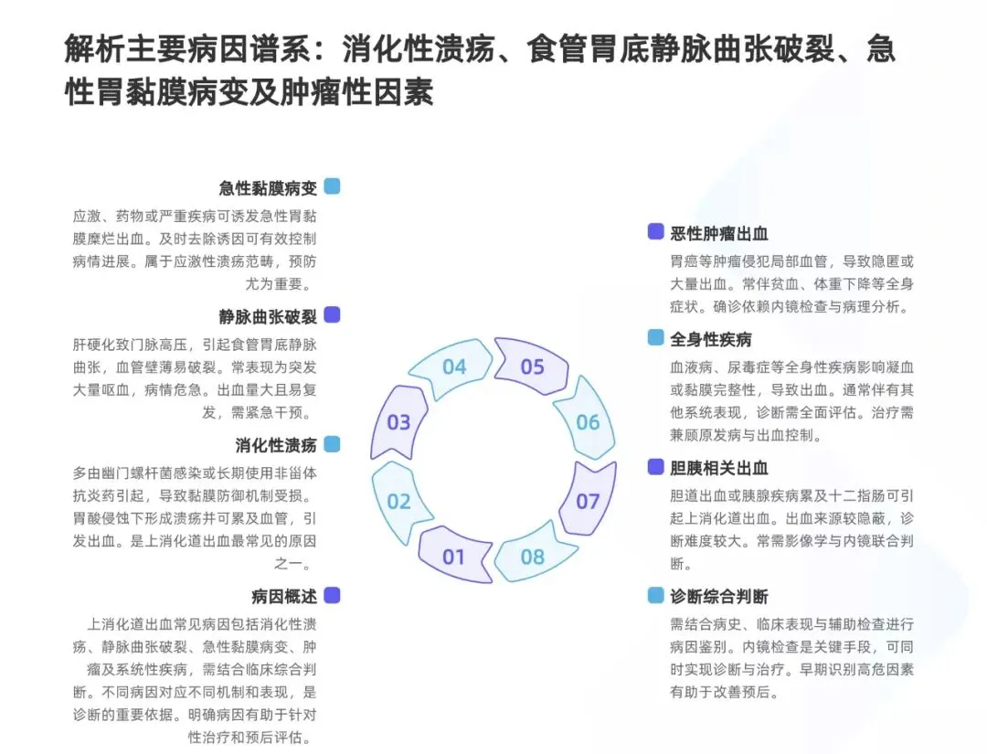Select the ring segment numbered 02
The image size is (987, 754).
tap(399, 501)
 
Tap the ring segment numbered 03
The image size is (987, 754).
tap(398, 422)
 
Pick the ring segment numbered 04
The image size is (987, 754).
tap(454, 367)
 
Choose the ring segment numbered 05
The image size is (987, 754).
tap(532, 367)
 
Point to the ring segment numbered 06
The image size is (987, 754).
tap(588, 421)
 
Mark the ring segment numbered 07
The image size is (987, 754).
tap(588, 501)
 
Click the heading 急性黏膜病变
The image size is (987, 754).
tap(268, 188)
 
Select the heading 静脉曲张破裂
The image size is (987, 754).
tap(268, 316)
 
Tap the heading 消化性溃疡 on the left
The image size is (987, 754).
tap(276, 445)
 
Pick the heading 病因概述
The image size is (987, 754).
tap(284, 597)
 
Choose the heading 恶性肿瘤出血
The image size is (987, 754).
tap(719, 234)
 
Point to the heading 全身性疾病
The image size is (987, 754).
tap(711, 339)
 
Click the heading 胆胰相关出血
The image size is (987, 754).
tap(719, 468)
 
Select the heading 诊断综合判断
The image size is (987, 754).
tap(719, 597)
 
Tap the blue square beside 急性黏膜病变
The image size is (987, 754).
tap(332, 186)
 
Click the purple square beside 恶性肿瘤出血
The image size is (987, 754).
tap(655, 232)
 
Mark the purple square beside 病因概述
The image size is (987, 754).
tap(332, 595)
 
